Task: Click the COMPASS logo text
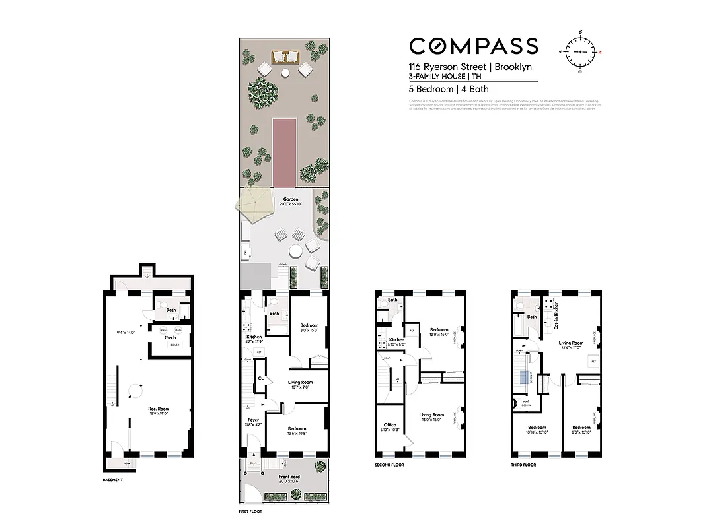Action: click(x=473, y=46)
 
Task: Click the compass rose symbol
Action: click(x=581, y=51)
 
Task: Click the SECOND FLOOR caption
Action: click(x=389, y=465)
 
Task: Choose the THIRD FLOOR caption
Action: click(x=524, y=465)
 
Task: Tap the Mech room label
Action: click(x=170, y=337)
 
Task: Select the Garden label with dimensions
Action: click(x=291, y=201)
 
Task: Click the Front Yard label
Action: click(x=291, y=478)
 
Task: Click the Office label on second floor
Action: click(x=390, y=427)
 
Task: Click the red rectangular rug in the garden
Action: click(x=284, y=152)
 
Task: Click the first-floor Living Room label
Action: click(x=300, y=384)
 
